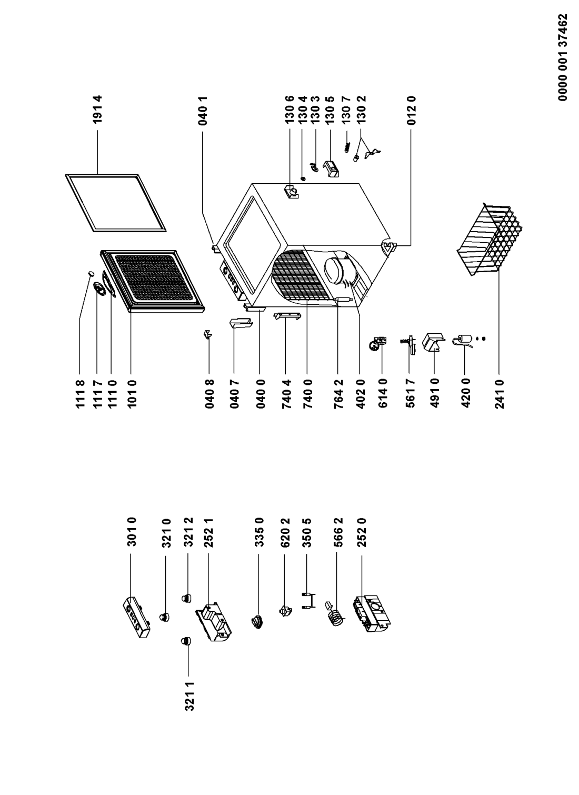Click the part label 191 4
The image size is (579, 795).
pyautogui.click(x=99, y=112)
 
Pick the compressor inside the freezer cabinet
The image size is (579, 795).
pyautogui.click(x=338, y=269)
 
